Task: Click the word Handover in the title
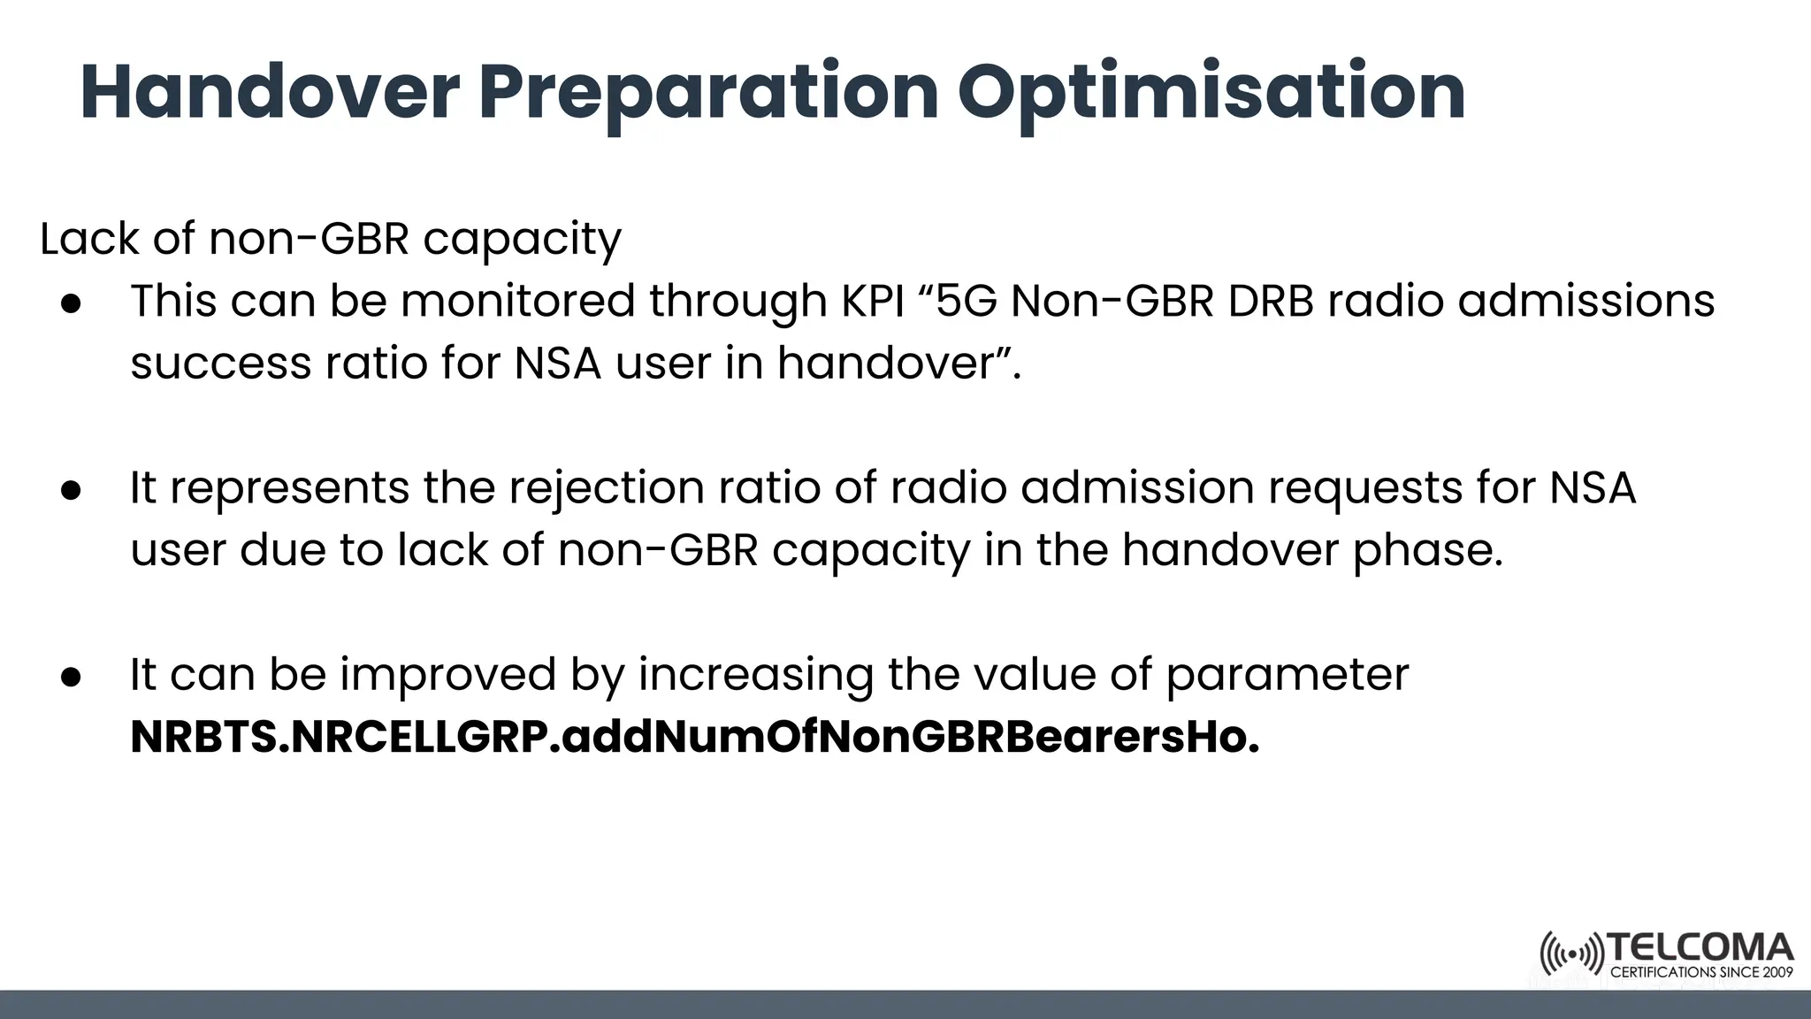tap(270, 92)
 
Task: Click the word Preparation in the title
tap(707, 92)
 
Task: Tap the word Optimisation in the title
tap(1211, 92)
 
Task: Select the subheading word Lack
tap(88, 239)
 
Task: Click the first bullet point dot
tap(71, 303)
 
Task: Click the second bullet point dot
tap(71, 490)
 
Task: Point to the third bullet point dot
tap(71, 677)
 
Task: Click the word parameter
tap(1287, 675)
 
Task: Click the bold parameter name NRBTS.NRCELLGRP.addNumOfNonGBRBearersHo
tap(694, 737)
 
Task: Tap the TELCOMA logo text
tap(1700, 949)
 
